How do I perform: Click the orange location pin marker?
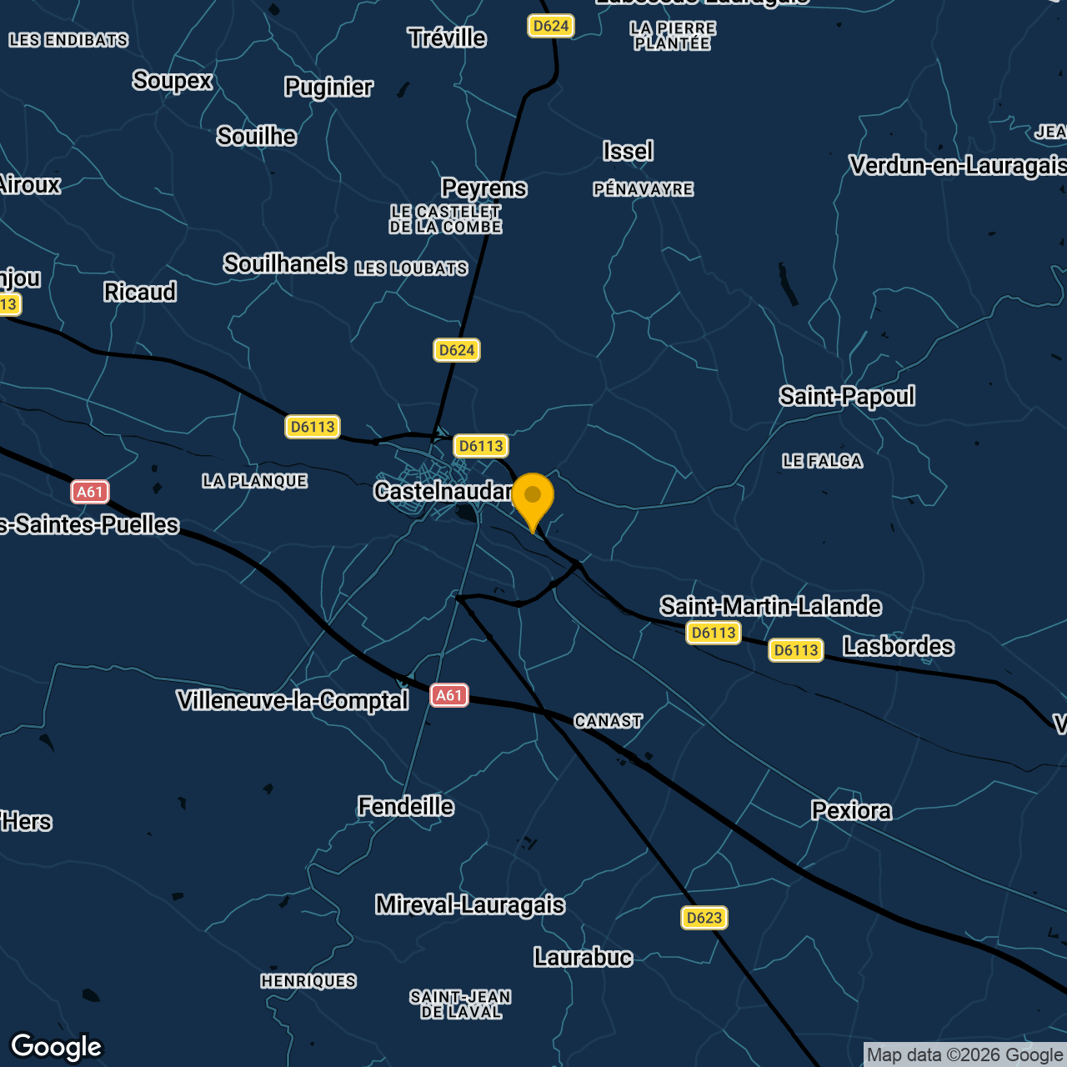[x=533, y=498]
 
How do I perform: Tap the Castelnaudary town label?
[x=442, y=492]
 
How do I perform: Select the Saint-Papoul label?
[x=847, y=397]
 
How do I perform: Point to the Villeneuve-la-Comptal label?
[x=293, y=701]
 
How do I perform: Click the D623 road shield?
[x=704, y=918]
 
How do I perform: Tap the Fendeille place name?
[x=406, y=806]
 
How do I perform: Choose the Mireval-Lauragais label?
[x=470, y=905]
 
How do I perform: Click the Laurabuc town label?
[x=583, y=957]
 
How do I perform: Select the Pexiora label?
[x=851, y=811]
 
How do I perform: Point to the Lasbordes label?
[x=899, y=646]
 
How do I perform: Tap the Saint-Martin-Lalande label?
[x=770, y=606]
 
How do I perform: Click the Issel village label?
[x=628, y=152]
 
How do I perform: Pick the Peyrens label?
[x=483, y=188]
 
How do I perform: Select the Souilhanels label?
[x=284, y=264]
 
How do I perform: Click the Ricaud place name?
[x=140, y=293]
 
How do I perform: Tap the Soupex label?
[x=173, y=81]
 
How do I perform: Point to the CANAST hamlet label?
[x=609, y=721]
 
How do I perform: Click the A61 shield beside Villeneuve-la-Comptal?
[x=449, y=695]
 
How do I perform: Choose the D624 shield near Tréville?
[x=551, y=26]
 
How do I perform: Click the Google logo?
[x=57, y=1047]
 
